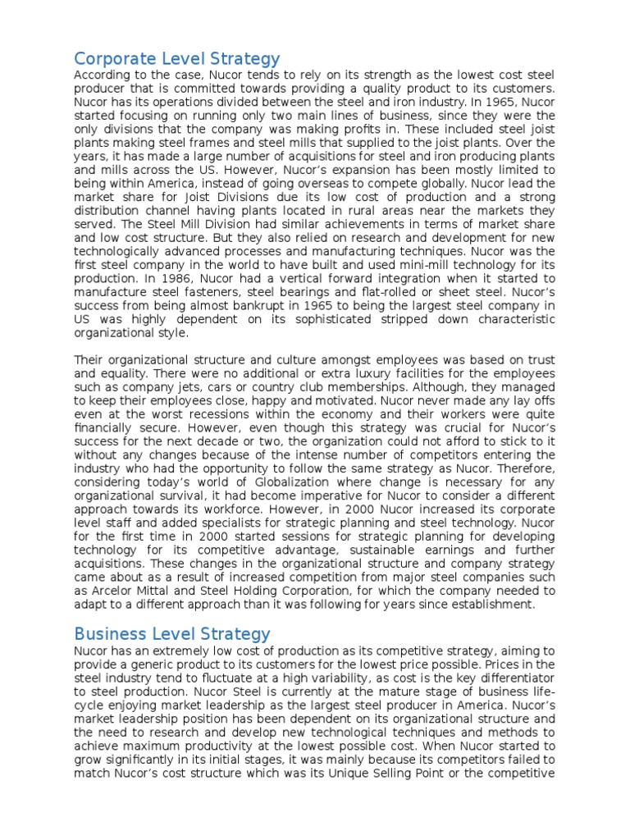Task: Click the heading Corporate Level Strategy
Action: click(x=176, y=59)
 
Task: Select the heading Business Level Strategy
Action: click(x=171, y=633)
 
